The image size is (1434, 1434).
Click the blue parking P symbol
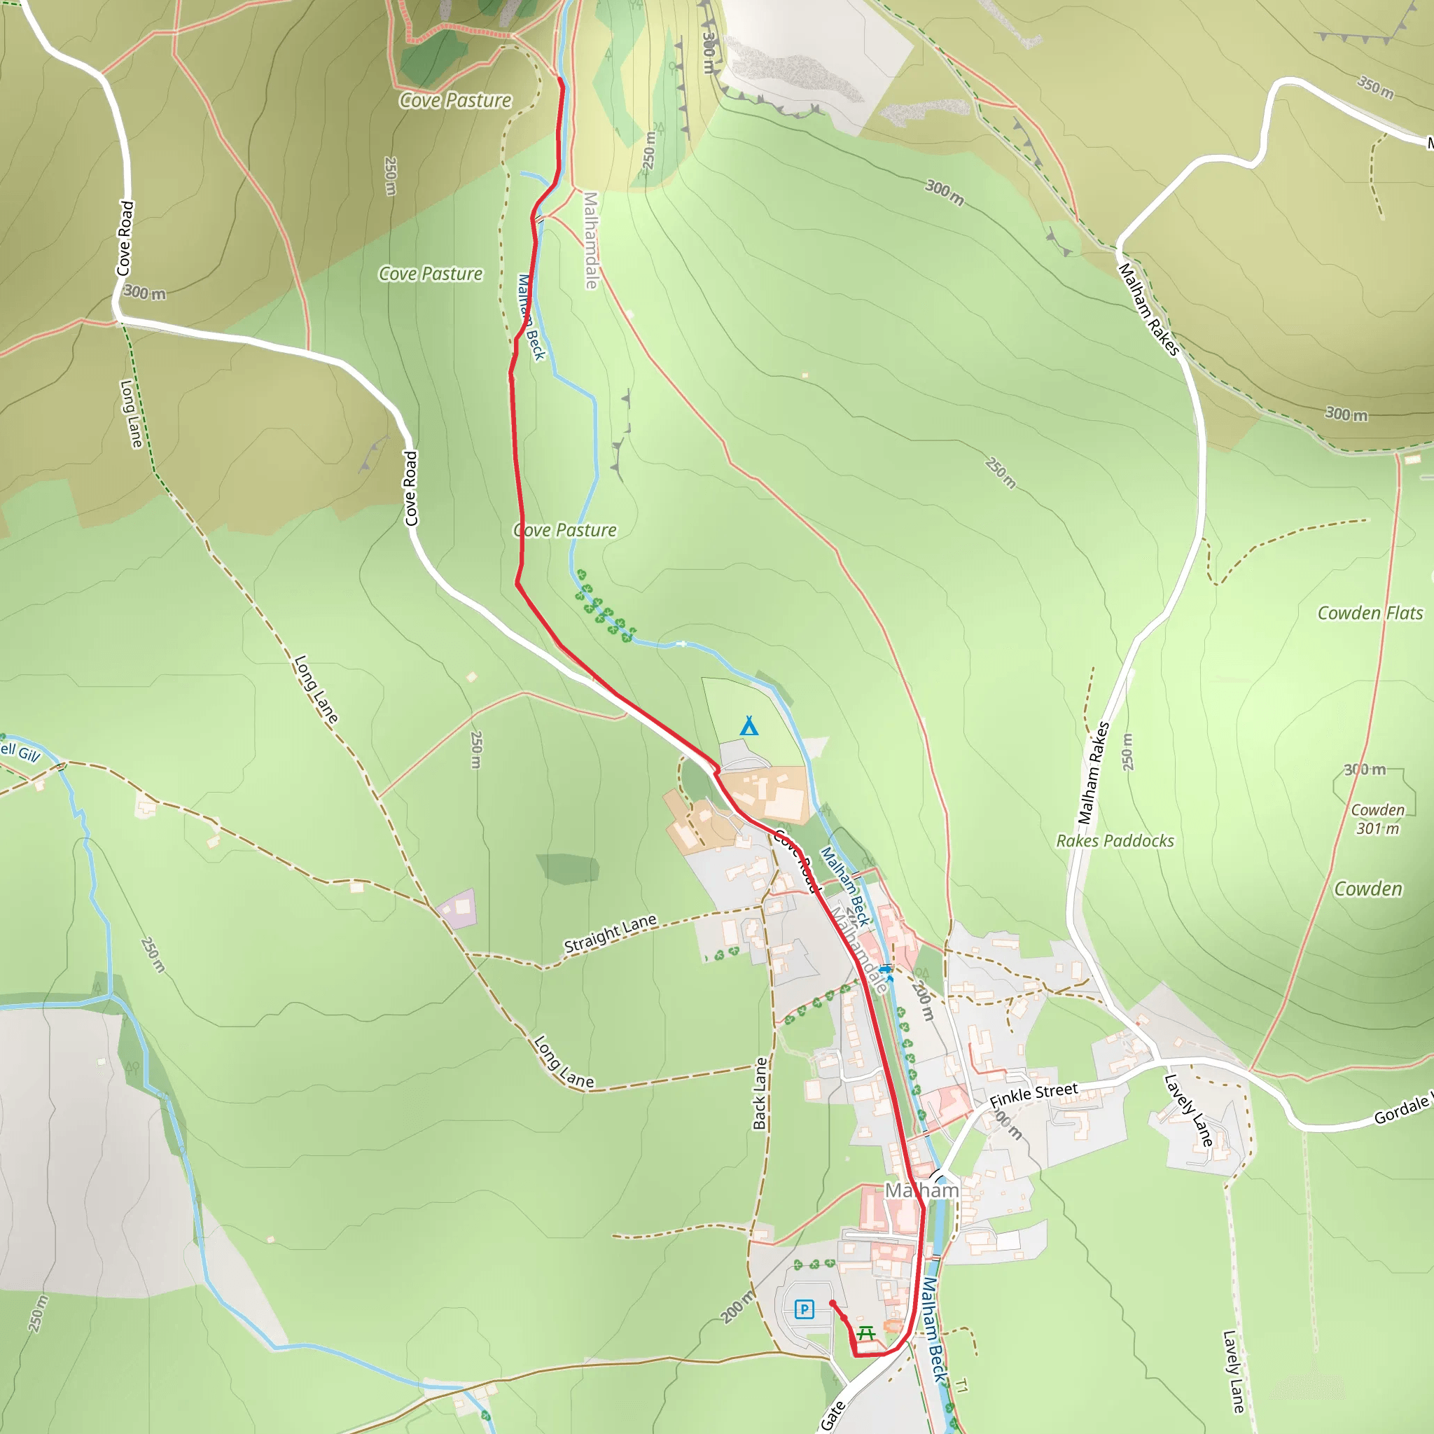coord(804,1309)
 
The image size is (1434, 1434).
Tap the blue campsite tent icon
coord(749,726)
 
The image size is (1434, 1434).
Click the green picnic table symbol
coord(865,1333)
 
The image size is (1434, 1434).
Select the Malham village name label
coord(921,1190)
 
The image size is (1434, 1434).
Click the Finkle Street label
coord(1033,1094)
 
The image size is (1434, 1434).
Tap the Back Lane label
coord(759,1093)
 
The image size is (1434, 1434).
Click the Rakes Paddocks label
coord(1115,841)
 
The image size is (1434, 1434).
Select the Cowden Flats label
coord(1370,613)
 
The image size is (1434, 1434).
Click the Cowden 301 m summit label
coord(1377,819)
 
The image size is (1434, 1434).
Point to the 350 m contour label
coord(1375,87)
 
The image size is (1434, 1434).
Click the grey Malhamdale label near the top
coord(591,239)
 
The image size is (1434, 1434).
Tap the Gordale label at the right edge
coord(1402,1109)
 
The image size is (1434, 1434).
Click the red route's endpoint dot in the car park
coord(832,1303)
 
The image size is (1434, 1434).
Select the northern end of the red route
coord(560,78)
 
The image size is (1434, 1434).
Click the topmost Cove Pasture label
coord(456,100)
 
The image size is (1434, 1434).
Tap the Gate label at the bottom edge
coord(833,1414)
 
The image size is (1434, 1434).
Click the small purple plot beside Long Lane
coord(457,907)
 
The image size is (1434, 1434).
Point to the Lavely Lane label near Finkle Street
coord(1188,1111)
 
